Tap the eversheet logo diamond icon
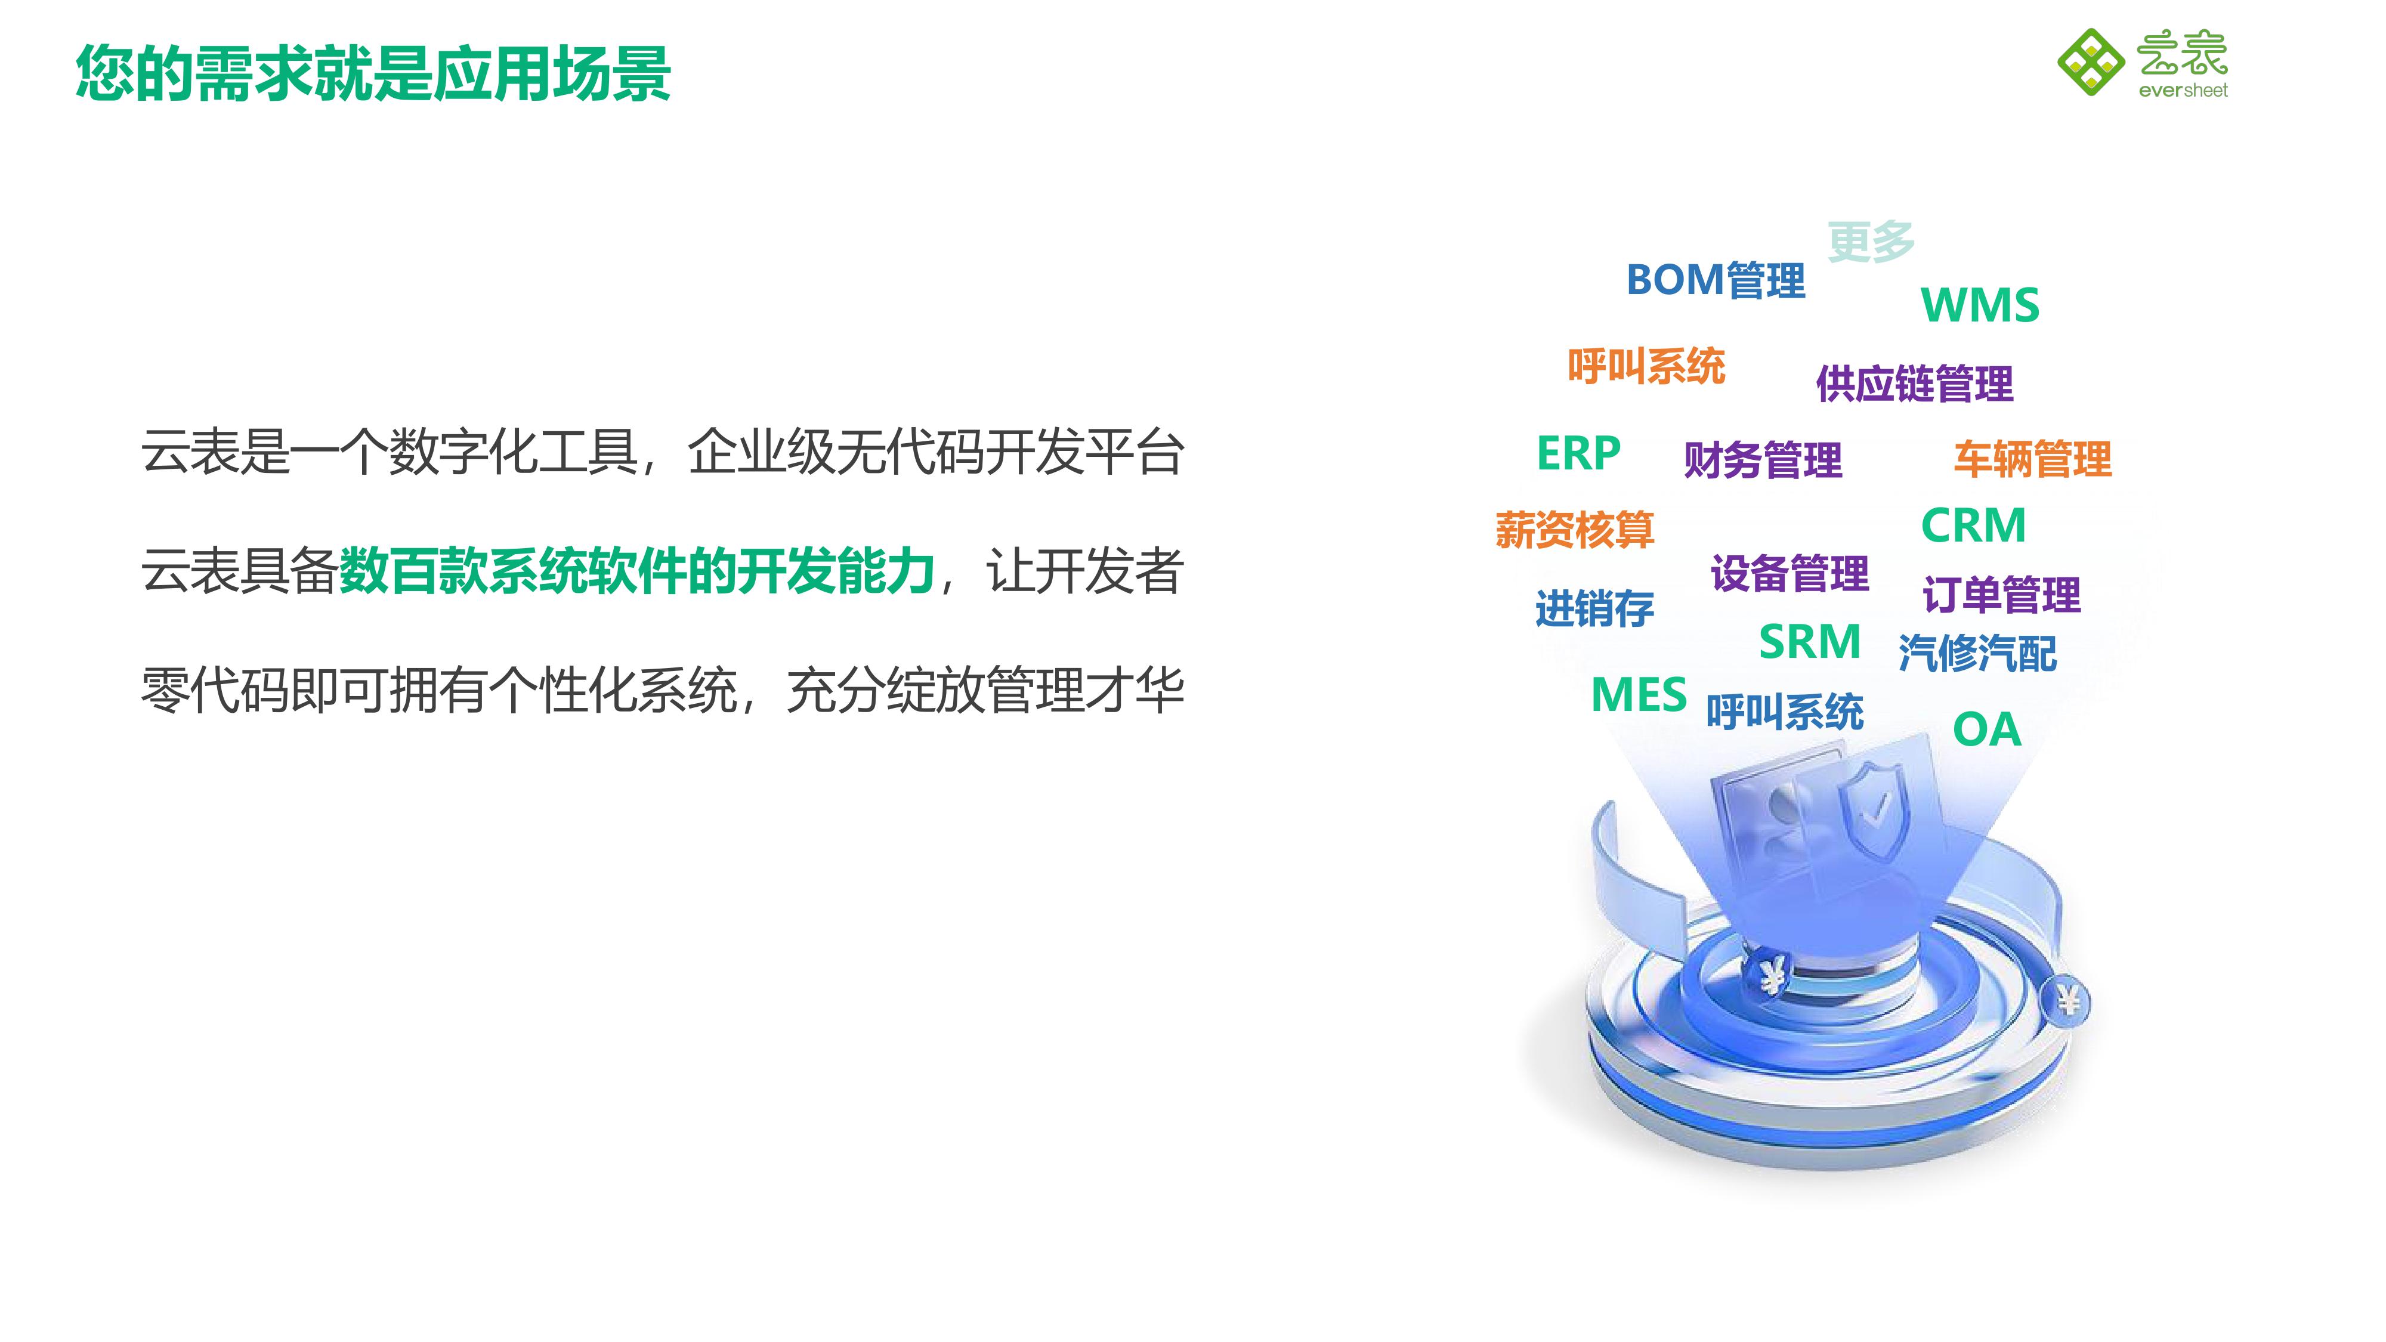click(2091, 62)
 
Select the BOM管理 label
click(1716, 280)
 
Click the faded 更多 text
click(1871, 242)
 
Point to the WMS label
click(1980, 305)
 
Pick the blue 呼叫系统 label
click(1785, 712)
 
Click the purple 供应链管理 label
click(1915, 384)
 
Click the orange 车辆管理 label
click(2033, 459)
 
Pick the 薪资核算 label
click(1575, 530)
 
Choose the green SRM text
click(1810, 642)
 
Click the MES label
click(1639, 695)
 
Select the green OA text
click(1987, 730)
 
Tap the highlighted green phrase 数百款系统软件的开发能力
click(637, 571)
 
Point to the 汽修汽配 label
click(1977, 653)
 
